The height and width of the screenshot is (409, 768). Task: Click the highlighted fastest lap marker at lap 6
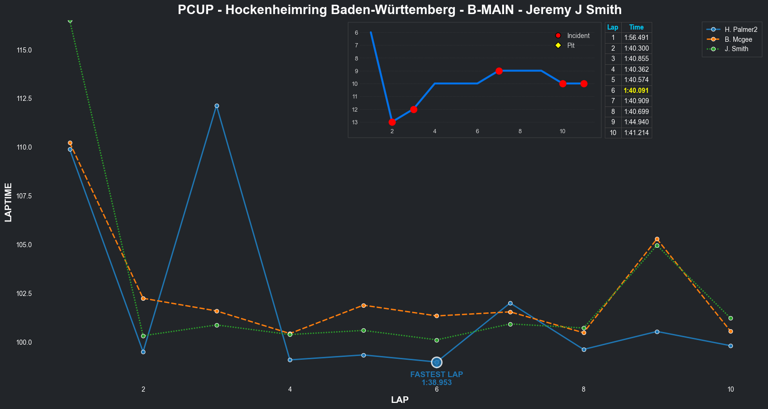pyautogui.click(x=437, y=362)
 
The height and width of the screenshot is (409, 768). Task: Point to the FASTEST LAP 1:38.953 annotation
pyautogui.click(x=437, y=379)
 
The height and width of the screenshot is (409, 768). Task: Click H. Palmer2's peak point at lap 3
pyautogui.click(x=217, y=106)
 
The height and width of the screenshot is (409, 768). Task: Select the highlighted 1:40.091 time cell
pyautogui.click(x=636, y=91)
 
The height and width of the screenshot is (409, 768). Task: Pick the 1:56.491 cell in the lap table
pyautogui.click(x=636, y=38)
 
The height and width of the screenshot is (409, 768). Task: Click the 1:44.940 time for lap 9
pyautogui.click(x=636, y=122)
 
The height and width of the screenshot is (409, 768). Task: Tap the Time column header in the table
pyautogui.click(x=636, y=27)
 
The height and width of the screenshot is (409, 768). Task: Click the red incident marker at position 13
pyautogui.click(x=392, y=122)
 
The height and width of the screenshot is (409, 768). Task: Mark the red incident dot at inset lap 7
pyautogui.click(x=499, y=71)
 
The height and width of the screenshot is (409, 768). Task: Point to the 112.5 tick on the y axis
pyautogui.click(x=24, y=98)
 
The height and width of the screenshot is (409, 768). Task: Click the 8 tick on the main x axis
pyautogui.click(x=584, y=389)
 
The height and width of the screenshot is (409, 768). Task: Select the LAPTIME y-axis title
pyautogui.click(x=8, y=203)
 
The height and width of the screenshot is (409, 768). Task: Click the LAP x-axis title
pyautogui.click(x=399, y=400)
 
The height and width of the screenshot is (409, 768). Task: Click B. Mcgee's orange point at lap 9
pyautogui.click(x=657, y=239)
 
